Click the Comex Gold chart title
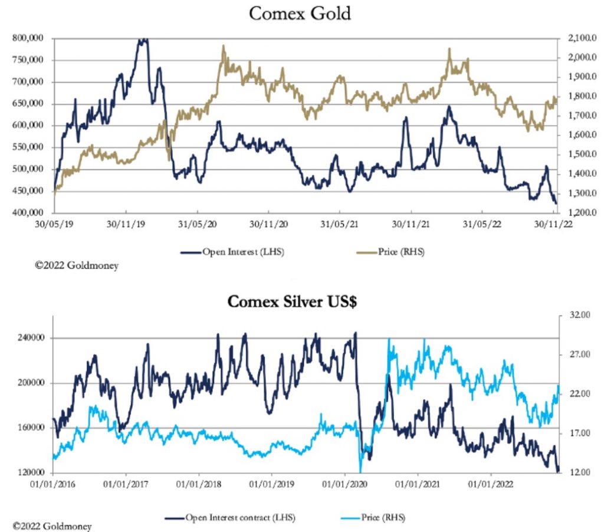point(300,14)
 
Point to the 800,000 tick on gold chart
point(29,38)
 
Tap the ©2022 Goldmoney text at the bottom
point(52,525)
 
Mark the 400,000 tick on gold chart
point(29,213)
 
